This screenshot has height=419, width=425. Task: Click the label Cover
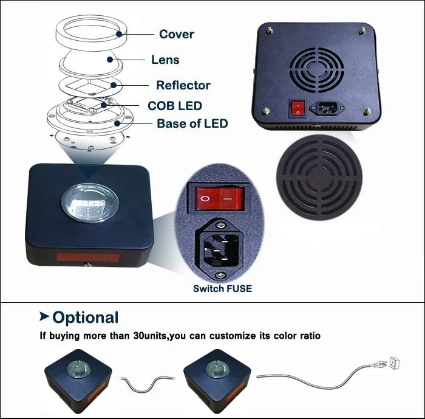[176, 34]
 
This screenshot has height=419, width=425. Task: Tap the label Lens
[165, 60]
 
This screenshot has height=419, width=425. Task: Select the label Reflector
[183, 85]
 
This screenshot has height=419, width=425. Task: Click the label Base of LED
[192, 123]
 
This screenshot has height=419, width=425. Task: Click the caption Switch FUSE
[222, 288]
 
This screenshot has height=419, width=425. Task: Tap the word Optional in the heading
[85, 317]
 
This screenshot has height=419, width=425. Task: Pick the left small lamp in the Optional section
[78, 376]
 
